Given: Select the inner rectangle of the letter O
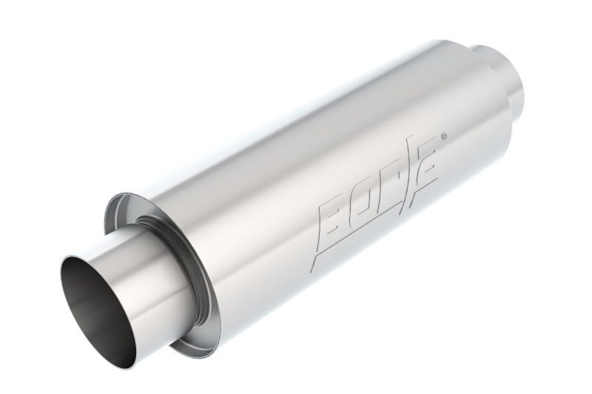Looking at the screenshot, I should [366, 197].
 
